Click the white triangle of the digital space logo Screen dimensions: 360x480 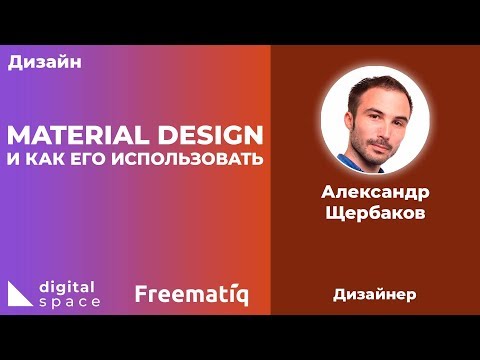tap(19, 294)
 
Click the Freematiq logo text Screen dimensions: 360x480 tap(191, 295)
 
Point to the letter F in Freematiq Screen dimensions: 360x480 tap(142, 295)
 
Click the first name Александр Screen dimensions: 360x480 tap(375, 193)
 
